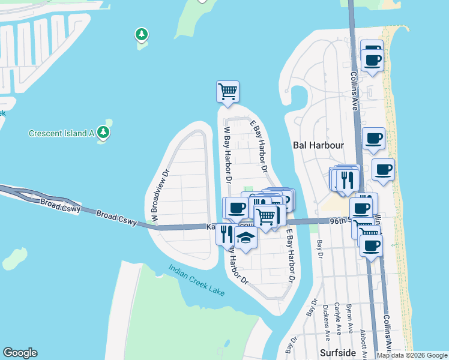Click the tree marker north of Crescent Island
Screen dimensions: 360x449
coord(142,35)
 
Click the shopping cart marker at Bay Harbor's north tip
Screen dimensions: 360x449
coord(228,92)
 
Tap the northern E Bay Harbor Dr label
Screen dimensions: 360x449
coord(259,146)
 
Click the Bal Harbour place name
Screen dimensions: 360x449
coord(318,145)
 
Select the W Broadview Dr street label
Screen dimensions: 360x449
coord(161,196)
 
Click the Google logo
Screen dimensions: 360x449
coord(20,353)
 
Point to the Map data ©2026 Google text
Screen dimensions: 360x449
coord(412,355)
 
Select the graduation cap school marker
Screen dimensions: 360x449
coord(245,238)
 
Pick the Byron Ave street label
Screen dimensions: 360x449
coord(349,317)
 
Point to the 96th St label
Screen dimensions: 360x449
coord(340,221)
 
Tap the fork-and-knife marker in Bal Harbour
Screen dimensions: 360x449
coord(347,179)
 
